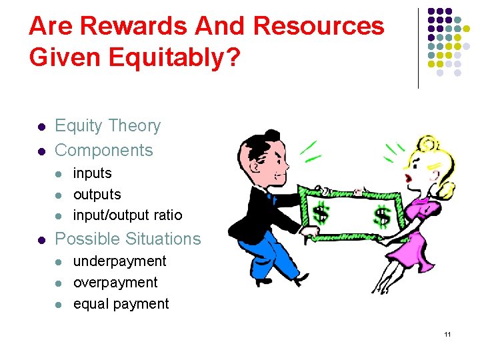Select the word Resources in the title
point(320,27)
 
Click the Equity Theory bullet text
point(107,126)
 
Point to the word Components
point(103,151)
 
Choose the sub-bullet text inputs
point(92,173)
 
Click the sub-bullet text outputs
point(97,195)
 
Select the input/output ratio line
point(127,215)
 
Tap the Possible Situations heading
point(127,239)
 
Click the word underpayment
point(119,261)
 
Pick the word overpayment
point(115,283)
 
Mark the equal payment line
point(121,304)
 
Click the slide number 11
point(448,334)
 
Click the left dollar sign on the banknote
point(321,214)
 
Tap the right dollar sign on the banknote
point(382,216)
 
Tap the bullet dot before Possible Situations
point(41,239)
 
